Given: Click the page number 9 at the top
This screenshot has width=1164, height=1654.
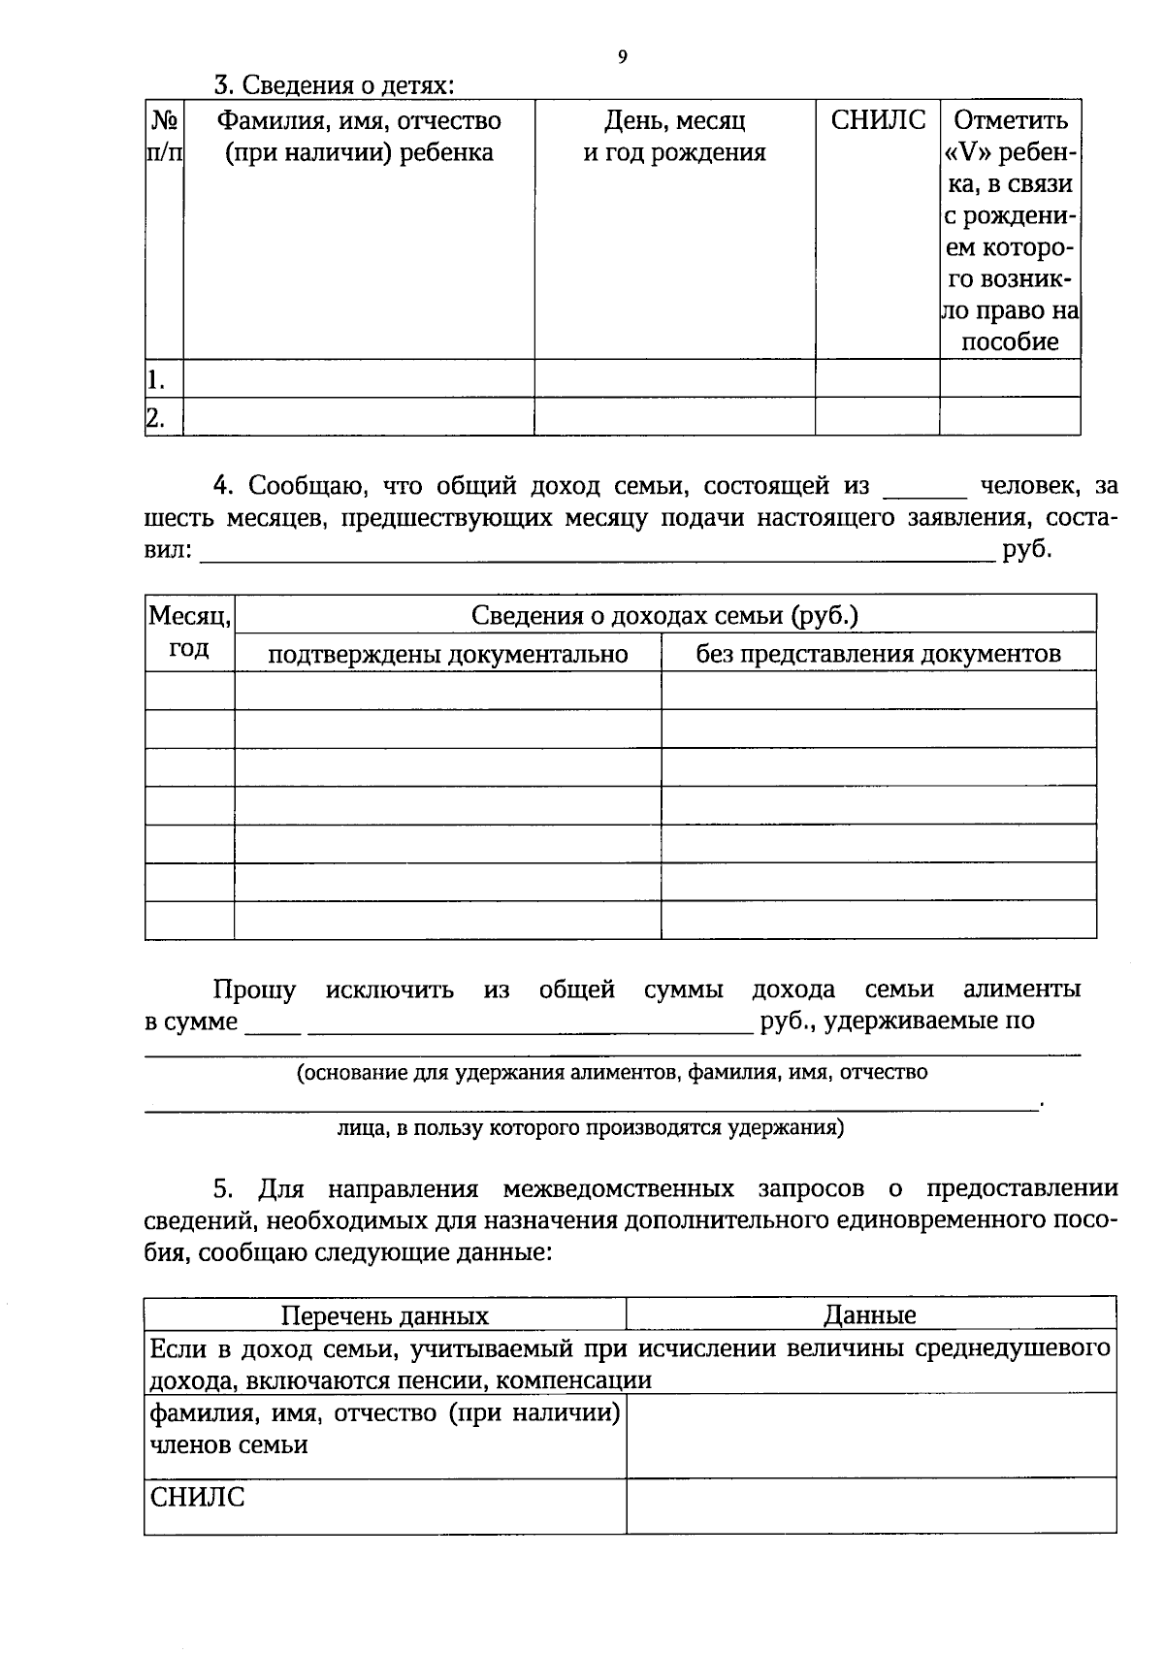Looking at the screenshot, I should (622, 56).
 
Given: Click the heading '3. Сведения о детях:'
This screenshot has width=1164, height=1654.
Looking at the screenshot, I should (334, 85).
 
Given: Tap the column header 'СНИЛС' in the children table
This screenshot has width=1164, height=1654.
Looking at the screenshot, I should (878, 120).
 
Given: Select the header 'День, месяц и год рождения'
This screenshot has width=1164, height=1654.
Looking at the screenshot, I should (674, 137).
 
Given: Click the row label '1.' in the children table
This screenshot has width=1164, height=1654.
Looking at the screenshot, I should (155, 379).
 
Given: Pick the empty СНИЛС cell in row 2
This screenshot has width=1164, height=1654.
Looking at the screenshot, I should (877, 417).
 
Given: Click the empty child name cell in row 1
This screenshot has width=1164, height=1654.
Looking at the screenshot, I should (359, 378).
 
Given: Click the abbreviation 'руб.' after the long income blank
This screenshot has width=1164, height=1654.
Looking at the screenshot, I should (1027, 550).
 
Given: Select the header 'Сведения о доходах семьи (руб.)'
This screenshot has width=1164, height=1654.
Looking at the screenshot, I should (664, 615).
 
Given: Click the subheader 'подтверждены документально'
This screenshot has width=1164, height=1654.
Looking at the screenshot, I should (447, 654).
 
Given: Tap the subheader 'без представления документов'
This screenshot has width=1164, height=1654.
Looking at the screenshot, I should (878, 653).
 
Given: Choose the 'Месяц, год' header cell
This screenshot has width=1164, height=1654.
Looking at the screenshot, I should (189, 632).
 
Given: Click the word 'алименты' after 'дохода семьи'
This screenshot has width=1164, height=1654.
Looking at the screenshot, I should (1021, 989).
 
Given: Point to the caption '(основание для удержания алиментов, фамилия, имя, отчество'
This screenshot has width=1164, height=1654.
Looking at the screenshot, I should (612, 1072).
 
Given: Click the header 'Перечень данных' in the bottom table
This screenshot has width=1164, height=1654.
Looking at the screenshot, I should (385, 1315).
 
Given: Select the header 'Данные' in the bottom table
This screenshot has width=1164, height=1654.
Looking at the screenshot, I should (870, 1315).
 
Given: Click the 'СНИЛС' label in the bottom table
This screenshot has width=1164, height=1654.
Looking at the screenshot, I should (197, 1498).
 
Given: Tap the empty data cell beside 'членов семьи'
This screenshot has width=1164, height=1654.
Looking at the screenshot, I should (870, 1436).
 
